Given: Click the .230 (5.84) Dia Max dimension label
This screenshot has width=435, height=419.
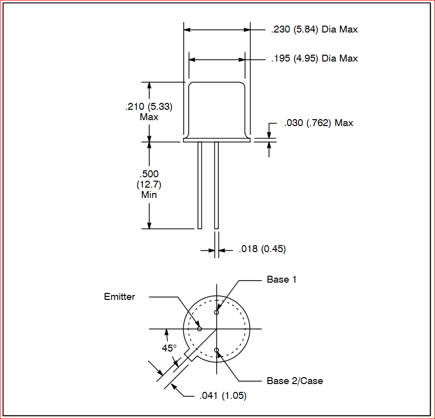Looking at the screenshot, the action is point(314,30).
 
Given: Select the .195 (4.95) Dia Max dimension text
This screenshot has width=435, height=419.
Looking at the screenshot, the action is point(314,59).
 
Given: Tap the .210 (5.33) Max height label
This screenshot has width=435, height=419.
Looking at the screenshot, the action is point(149,111).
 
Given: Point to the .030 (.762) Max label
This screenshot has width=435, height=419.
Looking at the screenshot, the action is point(318,123).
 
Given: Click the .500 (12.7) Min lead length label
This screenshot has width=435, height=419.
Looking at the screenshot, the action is point(149,185).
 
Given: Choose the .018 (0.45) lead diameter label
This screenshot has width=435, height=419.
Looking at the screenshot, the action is point(262,249).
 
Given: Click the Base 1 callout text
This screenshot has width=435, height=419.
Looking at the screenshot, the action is point(282,280).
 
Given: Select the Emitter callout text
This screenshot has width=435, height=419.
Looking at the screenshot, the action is point(120,297).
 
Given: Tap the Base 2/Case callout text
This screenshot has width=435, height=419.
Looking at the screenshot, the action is point(295,381).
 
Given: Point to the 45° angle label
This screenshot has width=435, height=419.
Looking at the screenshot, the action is point(169,348).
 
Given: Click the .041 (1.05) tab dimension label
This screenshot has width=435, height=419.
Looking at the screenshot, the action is point(223,396).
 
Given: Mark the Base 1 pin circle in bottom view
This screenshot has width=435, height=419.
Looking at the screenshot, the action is point(216,312).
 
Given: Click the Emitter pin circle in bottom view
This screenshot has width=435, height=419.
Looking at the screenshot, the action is point(200,329).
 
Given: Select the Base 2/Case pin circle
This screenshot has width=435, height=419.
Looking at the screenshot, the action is point(216,350).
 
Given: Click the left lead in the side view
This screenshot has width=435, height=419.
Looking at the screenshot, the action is point(200,185).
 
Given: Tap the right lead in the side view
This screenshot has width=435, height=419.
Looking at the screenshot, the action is point(216,185).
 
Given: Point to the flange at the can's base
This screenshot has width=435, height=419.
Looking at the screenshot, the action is point(217,140).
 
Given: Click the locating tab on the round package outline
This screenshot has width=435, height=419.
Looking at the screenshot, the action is point(191,355).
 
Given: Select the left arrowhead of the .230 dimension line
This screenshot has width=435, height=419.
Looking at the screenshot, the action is point(187,30).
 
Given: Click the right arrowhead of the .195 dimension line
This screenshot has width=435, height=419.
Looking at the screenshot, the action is point(242,60).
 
